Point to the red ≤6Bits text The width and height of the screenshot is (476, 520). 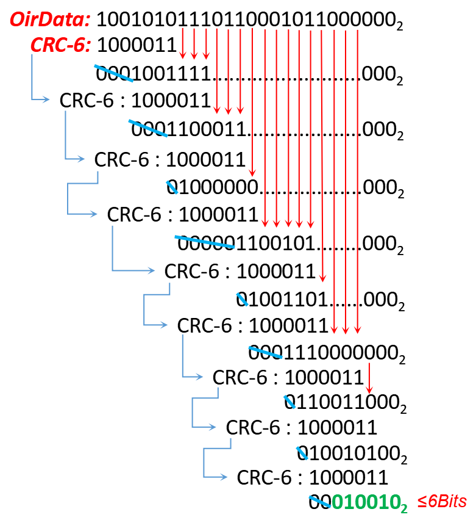pyautogui.click(x=442, y=502)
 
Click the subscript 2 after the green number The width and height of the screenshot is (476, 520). pyautogui.click(x=403, y=507)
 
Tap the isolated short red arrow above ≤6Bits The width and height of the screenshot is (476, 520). pyautogui.click(x=369, y=378)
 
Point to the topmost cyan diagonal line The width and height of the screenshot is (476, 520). pyautogui.click(x=113, y=73)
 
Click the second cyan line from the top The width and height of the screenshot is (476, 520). pyautogui.click(x=147, y=128)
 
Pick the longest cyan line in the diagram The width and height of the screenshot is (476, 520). pyautogui.click(x=205, y=242)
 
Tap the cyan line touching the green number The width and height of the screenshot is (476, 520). pyautogui.click(x=319, y=501)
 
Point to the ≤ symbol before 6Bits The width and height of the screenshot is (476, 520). pyautogui.click(x=421, y=502)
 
